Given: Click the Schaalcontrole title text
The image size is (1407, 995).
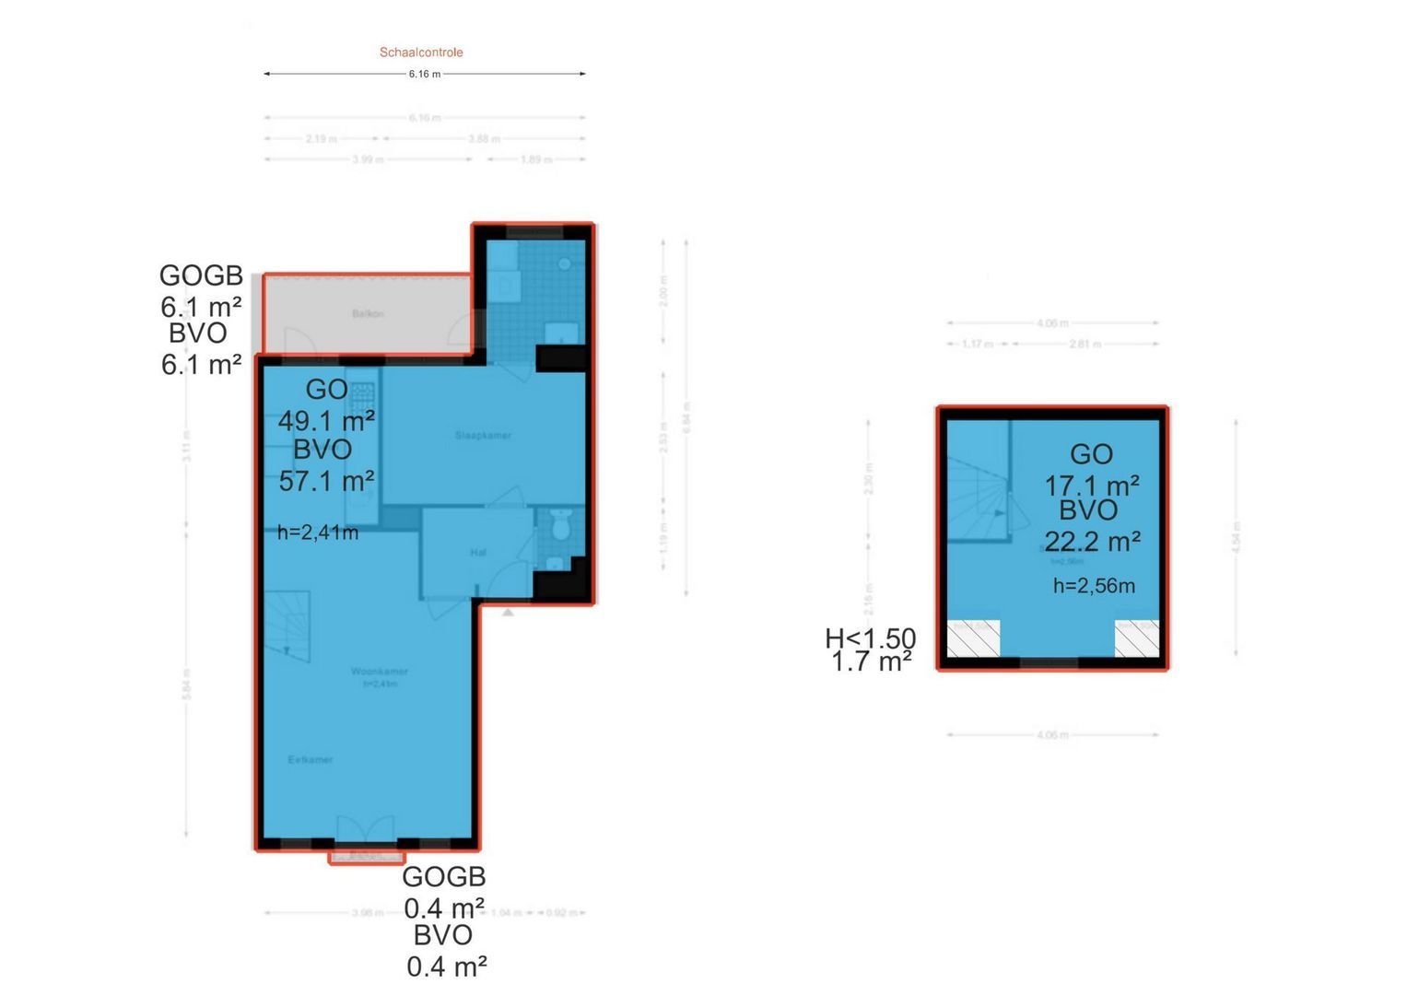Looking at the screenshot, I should pyautogui.click(x=421, y=53).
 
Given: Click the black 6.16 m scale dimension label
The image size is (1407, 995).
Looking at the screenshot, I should pyautogui.click(x=425, y=74).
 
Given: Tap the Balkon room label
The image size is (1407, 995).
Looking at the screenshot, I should pyautogui.click(x=368, y=314).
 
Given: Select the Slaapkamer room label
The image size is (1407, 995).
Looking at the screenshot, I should pyautogui.click(x=483, y=435).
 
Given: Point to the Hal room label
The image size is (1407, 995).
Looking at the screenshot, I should pyautogui.click(x=478, y=553).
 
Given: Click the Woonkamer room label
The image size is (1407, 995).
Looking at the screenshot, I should pyautogui.click(x=379, y=672).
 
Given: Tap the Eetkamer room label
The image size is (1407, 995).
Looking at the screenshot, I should pyautogui.click(x=311, y=760).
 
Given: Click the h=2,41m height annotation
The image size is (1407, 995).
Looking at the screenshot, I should pyautogui.click(x=318, y=532).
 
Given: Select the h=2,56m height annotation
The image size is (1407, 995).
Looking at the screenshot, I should pyautogui.click(x=1094, y=585).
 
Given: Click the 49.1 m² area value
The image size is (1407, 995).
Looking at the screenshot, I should pyautogui.click(x=326, y=421).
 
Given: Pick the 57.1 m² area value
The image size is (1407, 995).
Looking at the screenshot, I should pyautogui.click(x=326, y=481).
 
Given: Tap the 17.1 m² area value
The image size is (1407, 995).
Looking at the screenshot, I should pyautogui.click(x=1092, y=486).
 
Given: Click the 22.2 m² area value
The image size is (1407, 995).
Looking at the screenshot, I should pyautogui.click(x=1092, y=541).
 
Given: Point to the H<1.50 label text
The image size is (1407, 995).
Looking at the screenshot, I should pyautogui.click(x=870, y=638).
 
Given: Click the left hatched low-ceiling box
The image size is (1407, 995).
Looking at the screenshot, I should pyautogui.click(x=974, y=638).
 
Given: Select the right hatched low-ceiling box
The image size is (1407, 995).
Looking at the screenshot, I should pyautogui.click(x=1137, y=638).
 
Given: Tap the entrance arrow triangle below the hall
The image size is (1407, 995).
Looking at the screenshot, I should pyautogui.click(x=508, y=611).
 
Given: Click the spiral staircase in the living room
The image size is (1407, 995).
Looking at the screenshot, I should pyautogui.click(x=288, y=626).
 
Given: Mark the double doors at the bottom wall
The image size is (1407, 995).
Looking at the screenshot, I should pyautogui.click(x=366, y=829).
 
